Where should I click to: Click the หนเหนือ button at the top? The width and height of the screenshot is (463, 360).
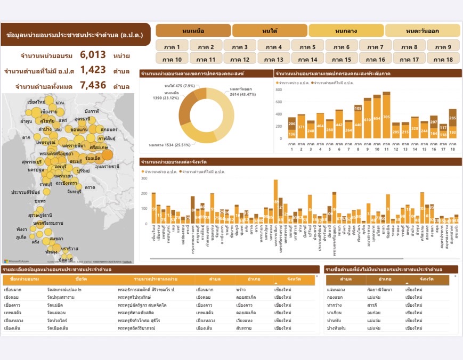(x=193, y=30)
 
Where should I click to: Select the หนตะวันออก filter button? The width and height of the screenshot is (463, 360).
(x=422, y=30)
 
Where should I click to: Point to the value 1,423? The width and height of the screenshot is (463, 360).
(x=93, y=70)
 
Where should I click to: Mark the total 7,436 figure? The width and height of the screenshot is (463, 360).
(x=93, y=85)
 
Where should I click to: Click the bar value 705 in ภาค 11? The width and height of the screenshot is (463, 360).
(x=386, y=117)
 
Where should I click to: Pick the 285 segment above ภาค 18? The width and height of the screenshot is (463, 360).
(x=452, y=117)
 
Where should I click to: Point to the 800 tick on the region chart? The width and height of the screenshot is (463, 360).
(x=279, y=89)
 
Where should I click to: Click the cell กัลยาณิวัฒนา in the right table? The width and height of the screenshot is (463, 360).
(x=377, y=290)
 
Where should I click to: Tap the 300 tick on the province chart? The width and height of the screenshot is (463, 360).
(x=144, y=178)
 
